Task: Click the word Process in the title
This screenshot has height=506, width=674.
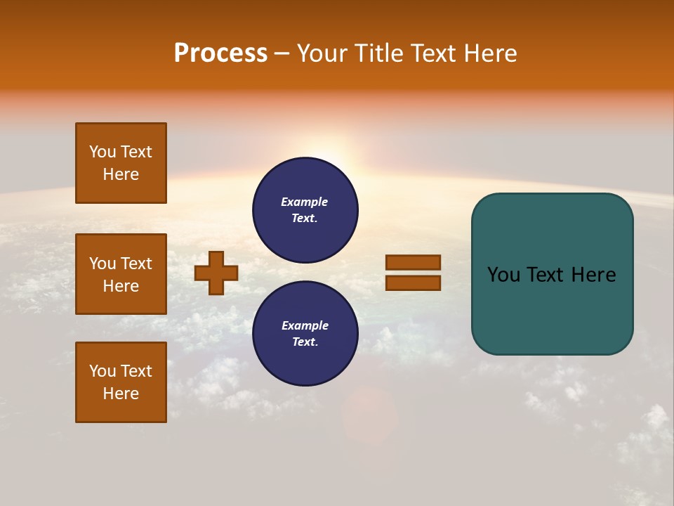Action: click(x=220, y=53)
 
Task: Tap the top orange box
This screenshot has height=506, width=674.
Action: click(x=121, y=163)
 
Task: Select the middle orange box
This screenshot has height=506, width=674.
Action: click(x=121, y=274)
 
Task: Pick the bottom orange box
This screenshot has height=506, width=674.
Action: click(x=121, y=382)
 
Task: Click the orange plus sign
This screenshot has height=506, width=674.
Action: click(x=216, y=273)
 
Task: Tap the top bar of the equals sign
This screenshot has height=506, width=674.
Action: click(x=413, y=263)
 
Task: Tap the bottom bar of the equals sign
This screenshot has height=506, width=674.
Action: click(x=413, y=283)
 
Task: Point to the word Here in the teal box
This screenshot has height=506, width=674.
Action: click(x=593, y=275)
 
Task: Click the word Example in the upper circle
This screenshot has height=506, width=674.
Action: click(x=304, y=202)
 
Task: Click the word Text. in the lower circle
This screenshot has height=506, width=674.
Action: click(x=305, y=342)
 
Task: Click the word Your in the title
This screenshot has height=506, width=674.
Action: click(x=322, y=53)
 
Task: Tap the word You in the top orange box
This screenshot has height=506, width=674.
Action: click(x=102, y=152)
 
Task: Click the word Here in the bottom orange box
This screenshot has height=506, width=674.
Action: click(x=121, y=394)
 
